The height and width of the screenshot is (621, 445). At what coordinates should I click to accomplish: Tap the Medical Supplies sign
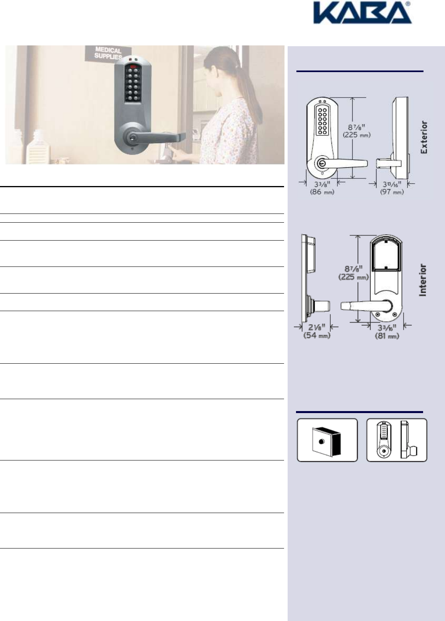click(108, 53)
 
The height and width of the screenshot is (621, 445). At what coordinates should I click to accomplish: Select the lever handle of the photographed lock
click(163, 137)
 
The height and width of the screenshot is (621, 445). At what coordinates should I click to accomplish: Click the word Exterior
click(424, 137)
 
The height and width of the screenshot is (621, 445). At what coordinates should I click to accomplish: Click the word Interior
click(423, 280)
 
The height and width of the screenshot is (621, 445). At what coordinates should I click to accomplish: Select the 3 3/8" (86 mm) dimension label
click(322, 188)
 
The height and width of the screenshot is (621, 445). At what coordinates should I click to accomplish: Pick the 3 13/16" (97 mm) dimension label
click(392, 188)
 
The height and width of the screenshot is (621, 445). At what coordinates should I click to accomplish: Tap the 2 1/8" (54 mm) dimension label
click(317, 331)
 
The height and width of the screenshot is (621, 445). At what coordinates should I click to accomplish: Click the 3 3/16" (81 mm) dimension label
click(387, 332)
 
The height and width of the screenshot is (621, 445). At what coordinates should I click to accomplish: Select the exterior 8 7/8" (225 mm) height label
click(357, 131)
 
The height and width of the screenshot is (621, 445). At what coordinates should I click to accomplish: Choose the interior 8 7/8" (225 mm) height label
click(353, 273)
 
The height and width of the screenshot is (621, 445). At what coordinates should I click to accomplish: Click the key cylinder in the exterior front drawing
click(321, 163)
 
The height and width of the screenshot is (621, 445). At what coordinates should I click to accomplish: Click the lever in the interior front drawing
click(359, 306)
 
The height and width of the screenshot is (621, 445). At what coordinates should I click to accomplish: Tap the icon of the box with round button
click(327, 440)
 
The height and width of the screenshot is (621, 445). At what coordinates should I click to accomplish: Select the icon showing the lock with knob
click(396, 440)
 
